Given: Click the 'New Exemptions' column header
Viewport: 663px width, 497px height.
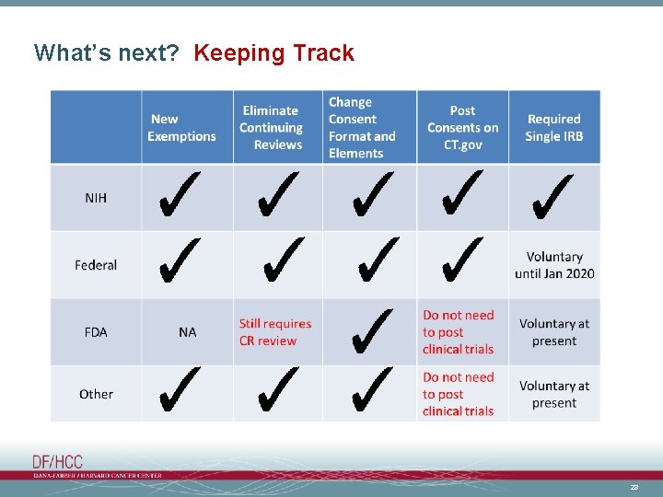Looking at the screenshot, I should (x=181, y=127).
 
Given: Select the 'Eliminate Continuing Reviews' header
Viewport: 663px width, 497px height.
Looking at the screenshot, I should (x=271, y=127).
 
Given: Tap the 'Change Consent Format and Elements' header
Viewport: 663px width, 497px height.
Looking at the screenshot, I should (x=362, y=127).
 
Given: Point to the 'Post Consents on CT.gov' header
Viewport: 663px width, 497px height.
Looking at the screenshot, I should (x=462, y=127).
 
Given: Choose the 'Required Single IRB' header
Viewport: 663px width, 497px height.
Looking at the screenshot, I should (x=553, y=127).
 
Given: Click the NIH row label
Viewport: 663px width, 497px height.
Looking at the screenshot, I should (x=96, y=198).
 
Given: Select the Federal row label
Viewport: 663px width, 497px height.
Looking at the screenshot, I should (x=96, y=265).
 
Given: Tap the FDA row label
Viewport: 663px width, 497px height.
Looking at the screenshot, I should (x=96, y=331).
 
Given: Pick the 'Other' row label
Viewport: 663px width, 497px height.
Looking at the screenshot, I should (x=96, y=394).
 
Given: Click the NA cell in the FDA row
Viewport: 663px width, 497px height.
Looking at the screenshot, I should (x=188, y=331).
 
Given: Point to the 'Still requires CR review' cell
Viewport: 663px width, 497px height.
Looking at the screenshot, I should (x=275, y=331).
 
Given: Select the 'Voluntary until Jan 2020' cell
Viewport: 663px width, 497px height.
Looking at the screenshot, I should (x=554, y=265).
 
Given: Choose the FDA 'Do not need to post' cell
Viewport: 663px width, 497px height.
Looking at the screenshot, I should (x=459, y=331).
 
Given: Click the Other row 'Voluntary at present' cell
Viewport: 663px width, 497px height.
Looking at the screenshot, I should (x=554, y=394).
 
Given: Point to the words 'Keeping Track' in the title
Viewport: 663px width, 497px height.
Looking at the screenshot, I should (x=273, y=53).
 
